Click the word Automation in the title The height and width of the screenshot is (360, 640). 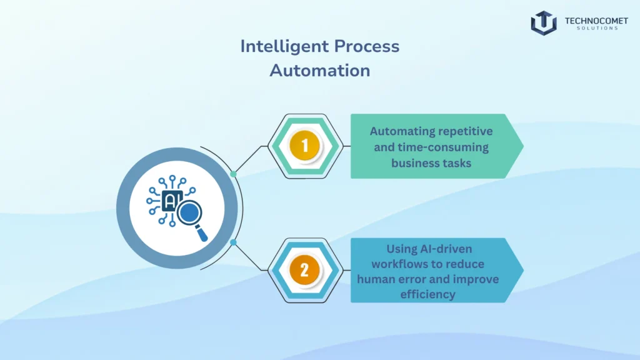(320, 70)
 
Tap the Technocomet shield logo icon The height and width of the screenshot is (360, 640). (544, 22)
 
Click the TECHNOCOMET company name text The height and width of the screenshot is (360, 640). (596, 21)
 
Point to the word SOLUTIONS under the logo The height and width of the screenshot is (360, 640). (596, 29)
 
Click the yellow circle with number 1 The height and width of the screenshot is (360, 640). (304, 146)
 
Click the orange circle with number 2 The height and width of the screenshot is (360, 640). (304, 270)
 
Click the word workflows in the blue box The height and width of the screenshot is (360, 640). (407, 264)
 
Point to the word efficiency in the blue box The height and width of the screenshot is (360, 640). (427, 294)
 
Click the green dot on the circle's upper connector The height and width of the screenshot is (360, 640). (233, 174)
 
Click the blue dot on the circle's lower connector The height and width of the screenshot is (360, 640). (233, 242)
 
